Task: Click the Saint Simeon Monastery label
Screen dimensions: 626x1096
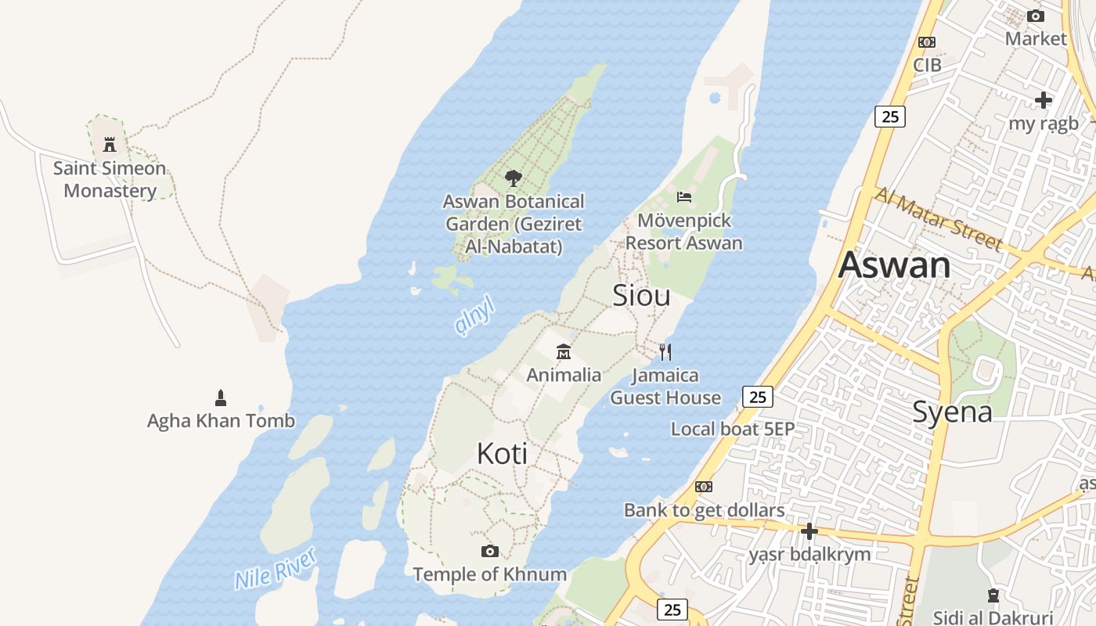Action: click(110, 179)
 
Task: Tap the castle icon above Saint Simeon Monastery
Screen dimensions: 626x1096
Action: click(110, 145)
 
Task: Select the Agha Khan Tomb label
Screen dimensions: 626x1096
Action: click(221, 421)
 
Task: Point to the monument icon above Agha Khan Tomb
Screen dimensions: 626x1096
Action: click(221, 398)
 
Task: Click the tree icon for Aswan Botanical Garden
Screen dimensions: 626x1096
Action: click(513, 178)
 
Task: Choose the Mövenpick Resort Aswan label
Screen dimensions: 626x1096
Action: click(683, 232)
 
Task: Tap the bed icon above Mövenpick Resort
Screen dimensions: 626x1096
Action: click(684, 196)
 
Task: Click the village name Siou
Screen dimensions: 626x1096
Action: click(641, 296)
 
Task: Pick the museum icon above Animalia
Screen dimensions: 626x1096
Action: click(564, 352)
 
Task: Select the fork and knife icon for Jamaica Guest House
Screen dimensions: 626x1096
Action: click(665, 352)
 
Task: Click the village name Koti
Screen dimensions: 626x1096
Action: click(502, 454)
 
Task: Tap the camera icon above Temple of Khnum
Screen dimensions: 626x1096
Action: click(490, 552)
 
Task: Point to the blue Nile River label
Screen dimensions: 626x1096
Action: click(276, 569)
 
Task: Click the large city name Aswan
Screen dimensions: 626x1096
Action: click(894, 265)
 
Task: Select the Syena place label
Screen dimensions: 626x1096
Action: click(952, 412)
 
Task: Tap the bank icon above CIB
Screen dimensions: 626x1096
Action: click(927, 42)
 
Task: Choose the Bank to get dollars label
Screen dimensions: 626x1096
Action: click(704, 511)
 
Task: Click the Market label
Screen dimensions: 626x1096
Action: click(1036, 38)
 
